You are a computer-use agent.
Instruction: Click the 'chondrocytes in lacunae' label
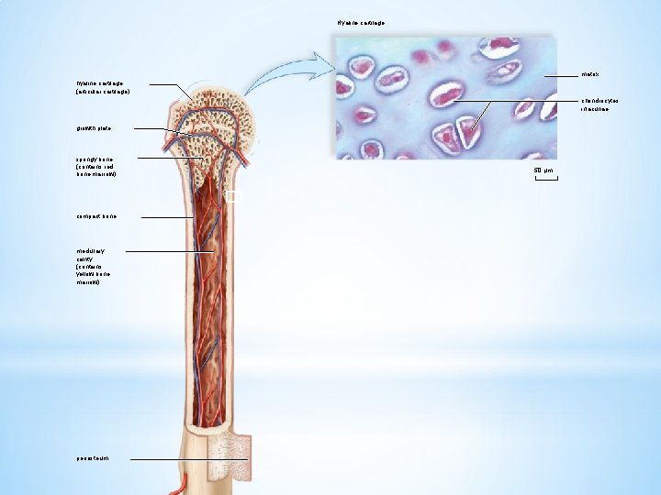(600, 104)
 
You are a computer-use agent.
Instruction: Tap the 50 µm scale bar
(545, 178)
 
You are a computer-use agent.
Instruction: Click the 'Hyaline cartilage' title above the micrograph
(361, 22)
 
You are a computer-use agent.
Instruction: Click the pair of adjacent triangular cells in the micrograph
(458, 136)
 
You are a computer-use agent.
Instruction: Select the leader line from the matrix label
(562, 75)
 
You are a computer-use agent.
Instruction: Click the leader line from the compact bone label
(165, 217)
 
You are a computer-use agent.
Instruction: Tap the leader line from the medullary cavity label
(170, 251)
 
